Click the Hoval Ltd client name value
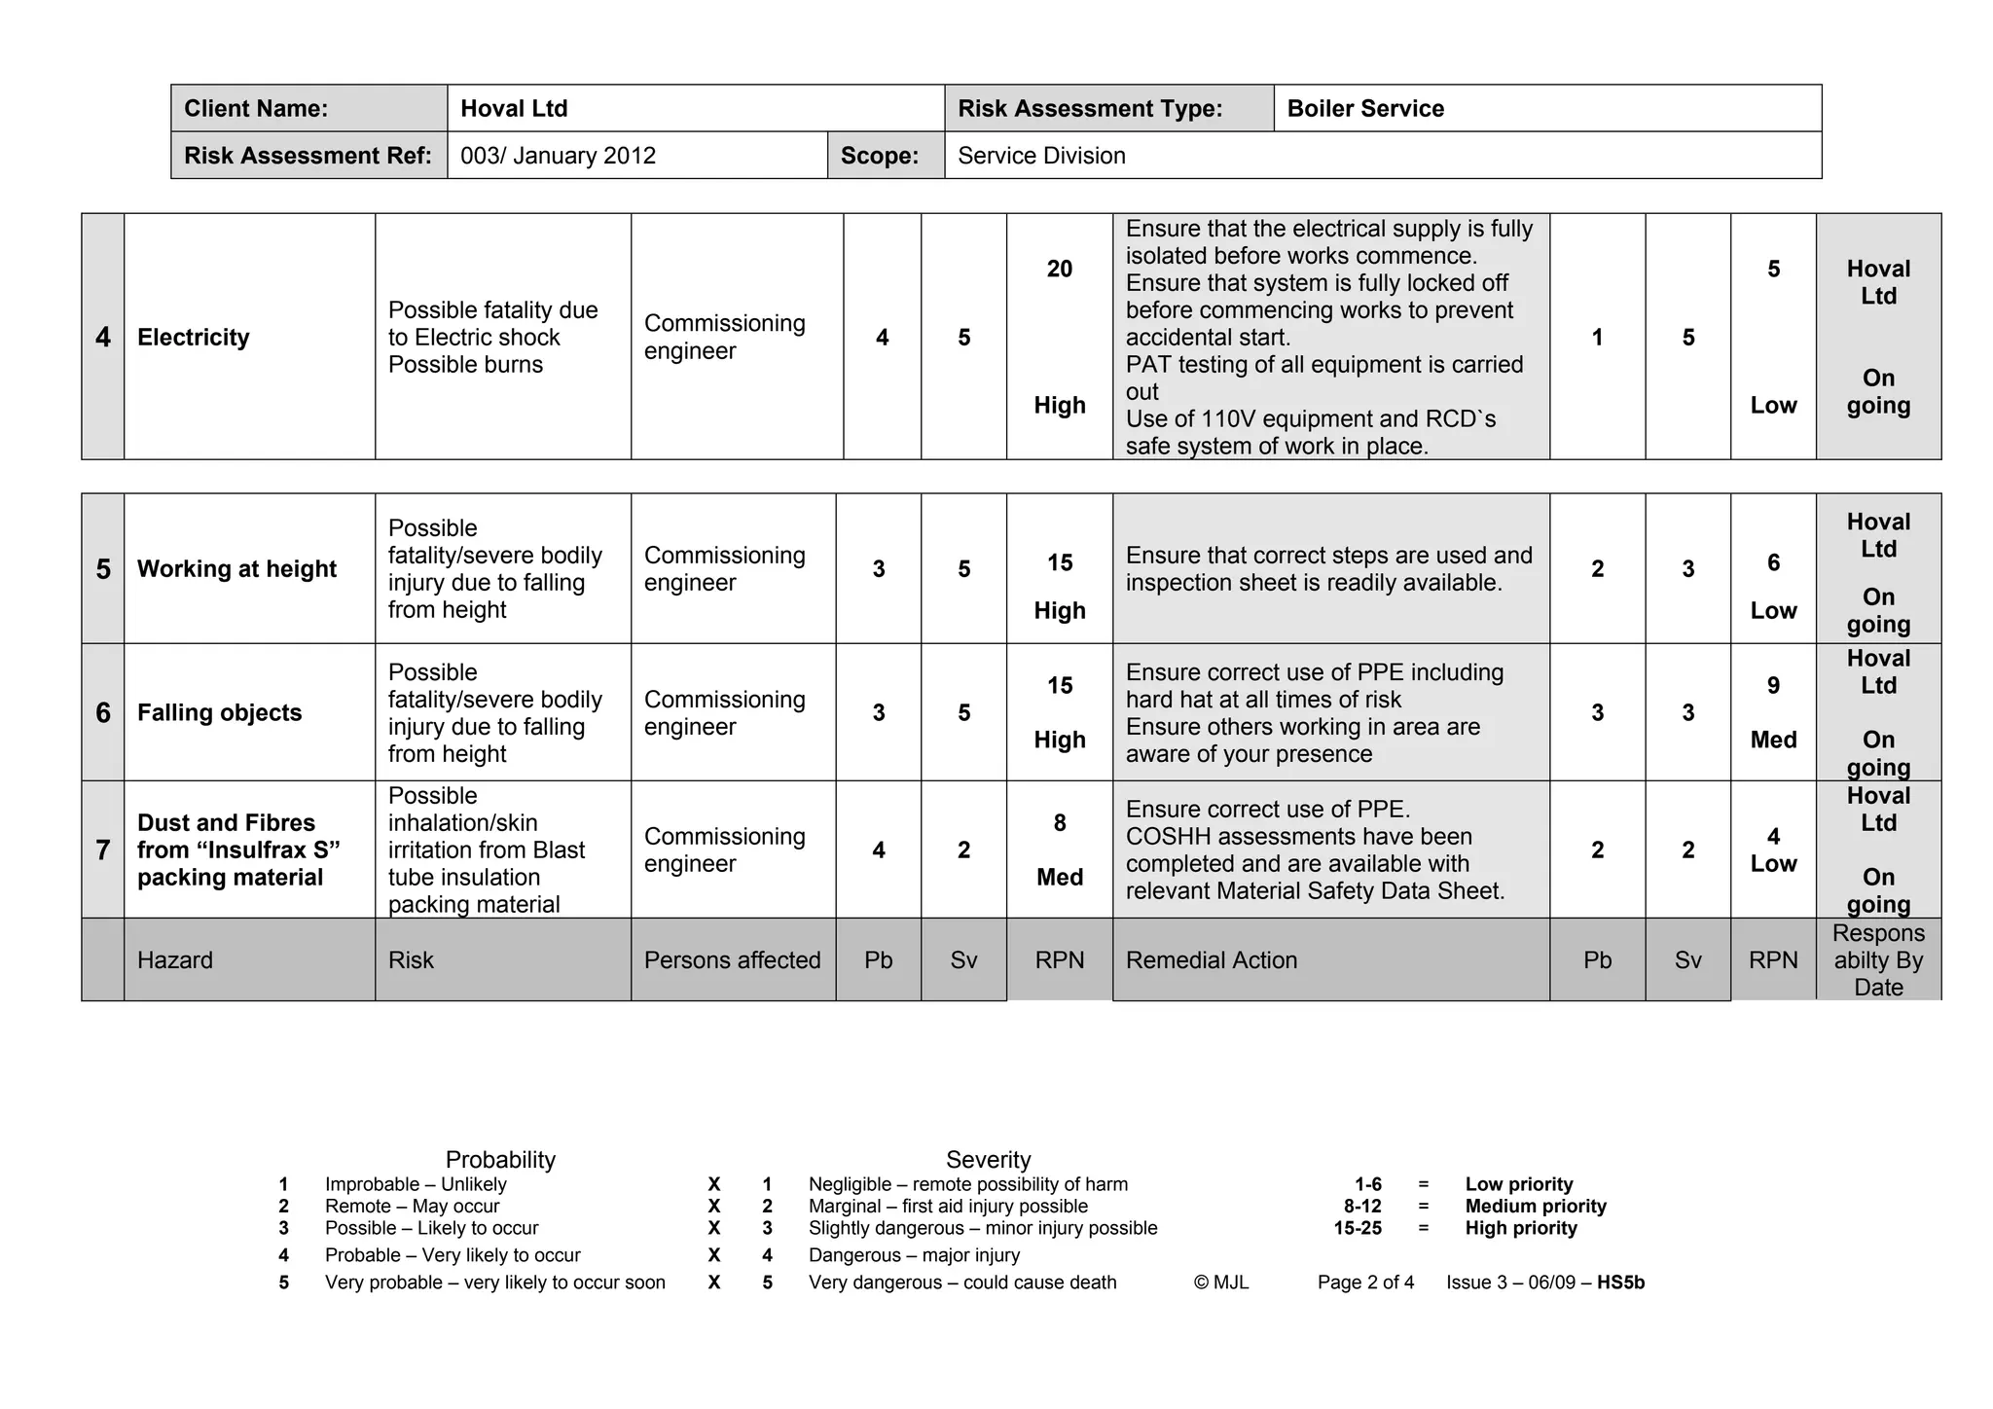coord(514,108)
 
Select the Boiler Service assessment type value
coord(1365,108)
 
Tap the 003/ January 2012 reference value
coord(558,156)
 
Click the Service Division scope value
coord(1041,156)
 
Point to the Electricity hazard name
coord(194,338)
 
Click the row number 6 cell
coord(103,713)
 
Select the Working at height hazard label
coord(236,569)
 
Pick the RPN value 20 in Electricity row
coord(1060,270)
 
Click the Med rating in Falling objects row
coord(1773,741)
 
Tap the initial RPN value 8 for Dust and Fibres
coord(1060,823)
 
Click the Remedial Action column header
coord(1212,960)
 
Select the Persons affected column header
coord(732,960)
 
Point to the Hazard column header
coord(175,960)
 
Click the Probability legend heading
coord(500,1160)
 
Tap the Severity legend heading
coord(988,1160)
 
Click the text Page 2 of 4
coord(1365,1283)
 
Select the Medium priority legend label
coord(1536,1207)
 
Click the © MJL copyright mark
coord(1221,1283)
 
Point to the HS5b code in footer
coord(1620,1283)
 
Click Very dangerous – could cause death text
coord(962,1283)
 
